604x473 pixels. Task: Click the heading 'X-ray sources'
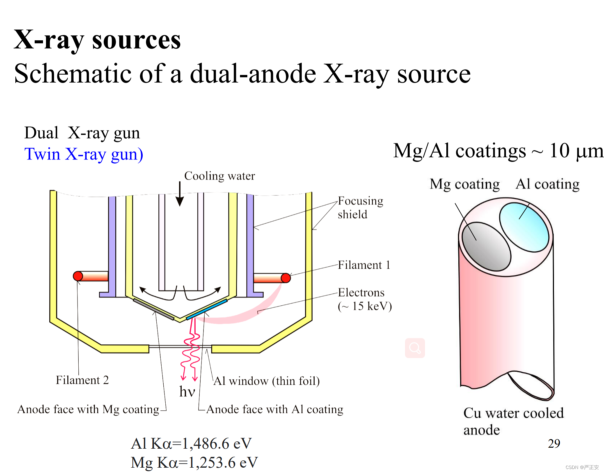(97, 40)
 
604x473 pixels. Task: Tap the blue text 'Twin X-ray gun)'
(84, 154)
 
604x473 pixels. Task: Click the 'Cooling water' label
(219, 176)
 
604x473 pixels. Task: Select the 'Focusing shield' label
(360, 208)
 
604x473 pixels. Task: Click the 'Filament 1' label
(364, 265)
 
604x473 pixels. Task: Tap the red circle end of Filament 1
(286, 278)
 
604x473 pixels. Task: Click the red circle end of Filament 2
(78, 276)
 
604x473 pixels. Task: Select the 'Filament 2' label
(82, 380)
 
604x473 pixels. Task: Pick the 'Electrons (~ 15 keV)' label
(364, 299)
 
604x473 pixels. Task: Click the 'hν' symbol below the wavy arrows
(187, 392)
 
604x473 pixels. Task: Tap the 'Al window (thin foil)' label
(266, 381)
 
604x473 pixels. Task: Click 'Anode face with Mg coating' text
(88, 409)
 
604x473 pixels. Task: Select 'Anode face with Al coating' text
(275, 409)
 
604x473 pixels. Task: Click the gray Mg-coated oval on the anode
(486, 246)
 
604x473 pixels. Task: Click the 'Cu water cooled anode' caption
(513, 421)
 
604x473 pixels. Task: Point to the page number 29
(554, 443)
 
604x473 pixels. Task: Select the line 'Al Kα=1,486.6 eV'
(191, 444)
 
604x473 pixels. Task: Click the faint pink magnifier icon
(415, 348)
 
